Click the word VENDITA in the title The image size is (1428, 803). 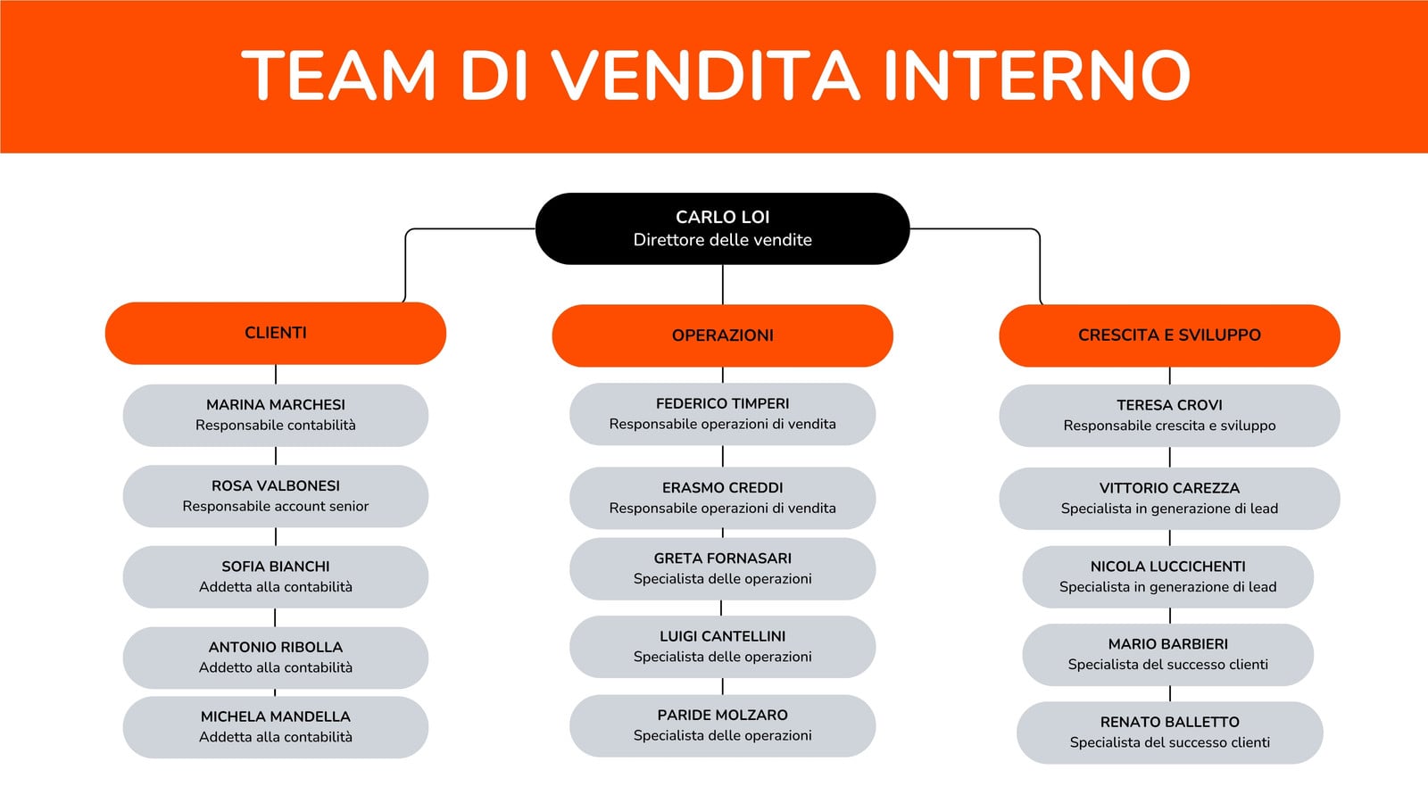coord(706,75)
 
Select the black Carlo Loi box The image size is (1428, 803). coord(722,228)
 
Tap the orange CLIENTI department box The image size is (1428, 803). coord(276,334)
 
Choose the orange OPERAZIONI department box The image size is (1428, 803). coord(722,335)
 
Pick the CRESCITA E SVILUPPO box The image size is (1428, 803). coord(1169,335)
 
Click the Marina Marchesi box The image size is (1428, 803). coord(276,415)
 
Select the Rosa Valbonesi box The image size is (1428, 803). coord(276,496)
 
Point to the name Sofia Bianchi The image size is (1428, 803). coord(276,567)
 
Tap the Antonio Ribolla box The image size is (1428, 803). coord(276,657)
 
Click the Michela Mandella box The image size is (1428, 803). coord(276,727)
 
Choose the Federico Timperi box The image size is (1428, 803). coord(722,414)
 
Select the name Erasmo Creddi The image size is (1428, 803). coord(722,488)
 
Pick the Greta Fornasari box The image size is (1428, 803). coord(722,568)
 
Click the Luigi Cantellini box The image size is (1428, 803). coord(722,646)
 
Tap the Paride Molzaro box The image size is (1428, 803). coord(722,725)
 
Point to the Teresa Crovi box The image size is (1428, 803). coord(1169,415)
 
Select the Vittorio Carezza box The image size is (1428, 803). coord(1169,498)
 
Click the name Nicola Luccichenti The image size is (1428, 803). coord(1168,567)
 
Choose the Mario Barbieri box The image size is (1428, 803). coord(1168,655)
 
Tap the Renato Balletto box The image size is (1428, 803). coord(1169,733)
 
